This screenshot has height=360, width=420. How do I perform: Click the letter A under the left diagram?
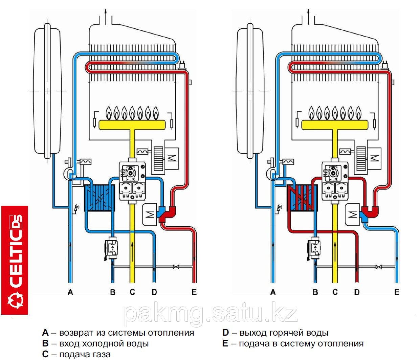click(x=70, y=292)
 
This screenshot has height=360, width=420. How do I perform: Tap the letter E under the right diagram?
click(x=397, y=292)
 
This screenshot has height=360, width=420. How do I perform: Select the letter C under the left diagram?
click(x=132, y=292)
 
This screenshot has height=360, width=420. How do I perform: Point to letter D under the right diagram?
click(x=357, y=292)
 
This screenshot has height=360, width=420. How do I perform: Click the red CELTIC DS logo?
click(x=15, y=260)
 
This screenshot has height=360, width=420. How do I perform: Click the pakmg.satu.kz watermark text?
click(x=210, y=314)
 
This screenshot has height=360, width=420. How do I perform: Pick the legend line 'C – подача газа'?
click(x=76, y=354)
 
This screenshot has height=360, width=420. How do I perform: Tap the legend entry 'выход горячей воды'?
click(x=284, y=333)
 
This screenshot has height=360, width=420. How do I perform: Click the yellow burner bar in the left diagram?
click(x=132, y=125)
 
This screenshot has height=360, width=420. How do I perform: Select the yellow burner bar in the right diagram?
click(x=334, y=125)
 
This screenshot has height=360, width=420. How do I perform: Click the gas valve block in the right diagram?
click(x=335, y=181)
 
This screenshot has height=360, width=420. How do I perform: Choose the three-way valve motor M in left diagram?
click(x=150, y=214)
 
